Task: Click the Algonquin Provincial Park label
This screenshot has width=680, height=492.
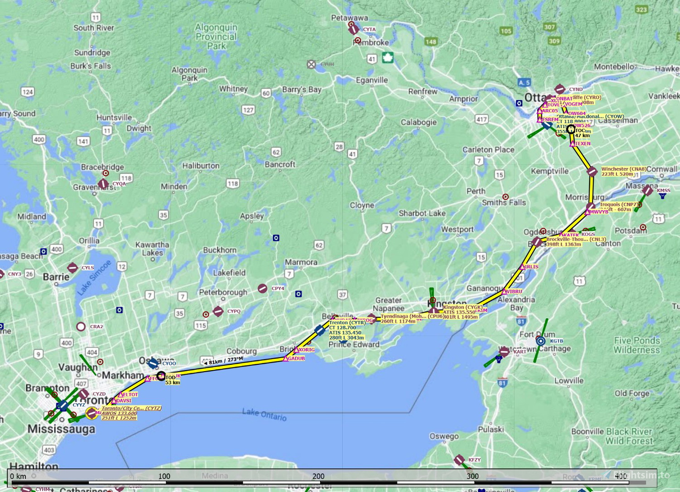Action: point(216,36)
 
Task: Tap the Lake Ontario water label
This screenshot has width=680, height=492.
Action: point(264,414)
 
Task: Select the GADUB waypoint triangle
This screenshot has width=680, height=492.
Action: point(286,359)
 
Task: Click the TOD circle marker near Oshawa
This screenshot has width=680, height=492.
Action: point(161,376)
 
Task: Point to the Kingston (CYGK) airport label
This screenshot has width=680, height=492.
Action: point(463,307)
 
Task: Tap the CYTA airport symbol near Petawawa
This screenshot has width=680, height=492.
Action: point(354,29)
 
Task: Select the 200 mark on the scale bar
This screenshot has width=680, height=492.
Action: point(319,476)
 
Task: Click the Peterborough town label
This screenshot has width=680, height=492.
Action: point(223,292)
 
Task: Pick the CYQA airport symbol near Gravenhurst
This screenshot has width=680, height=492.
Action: point(103,184)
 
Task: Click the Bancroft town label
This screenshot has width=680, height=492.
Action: point(280,164)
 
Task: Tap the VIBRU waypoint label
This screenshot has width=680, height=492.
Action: point(514,292)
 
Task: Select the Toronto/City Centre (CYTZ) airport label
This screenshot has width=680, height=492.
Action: point(131,408)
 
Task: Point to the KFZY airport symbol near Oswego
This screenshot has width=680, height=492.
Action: point(459,459)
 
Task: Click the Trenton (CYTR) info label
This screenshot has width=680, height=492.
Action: point(347,323)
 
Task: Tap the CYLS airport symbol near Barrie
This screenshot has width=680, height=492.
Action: point(72,267)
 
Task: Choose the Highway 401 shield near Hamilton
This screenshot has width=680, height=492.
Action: point(49,450)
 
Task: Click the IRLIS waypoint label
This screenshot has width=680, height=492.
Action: point(531,267)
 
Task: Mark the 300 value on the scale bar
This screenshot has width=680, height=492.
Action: point(473,476)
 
